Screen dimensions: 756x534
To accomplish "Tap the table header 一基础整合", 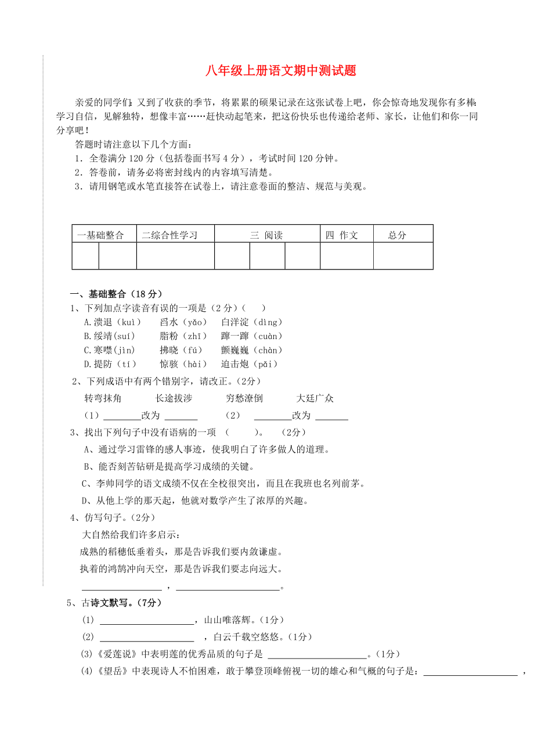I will pyautogui.click(x=101, y=235).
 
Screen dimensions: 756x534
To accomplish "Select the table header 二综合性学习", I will pyautogui.click(x=169, y=235).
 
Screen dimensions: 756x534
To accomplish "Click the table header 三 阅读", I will pyautogui.click(x=266, y=235).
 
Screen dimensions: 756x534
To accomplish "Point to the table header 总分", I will pyautogui.click(x=398, y=235).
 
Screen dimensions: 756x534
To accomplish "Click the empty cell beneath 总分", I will pyautogui.click(x=403, y=256).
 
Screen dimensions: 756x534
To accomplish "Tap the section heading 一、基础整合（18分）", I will pyautogui.click(x=117, y=294).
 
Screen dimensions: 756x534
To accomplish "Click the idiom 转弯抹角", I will pyautogui.click(x=103, y=398).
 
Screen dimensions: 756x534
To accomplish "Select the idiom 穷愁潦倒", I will pyautogui.click(x=244, y=398).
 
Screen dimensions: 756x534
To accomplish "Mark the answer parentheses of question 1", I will pyautogui.click(x=254, y=308).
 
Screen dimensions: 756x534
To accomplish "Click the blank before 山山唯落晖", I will pyautogui.click(x=147, y=620).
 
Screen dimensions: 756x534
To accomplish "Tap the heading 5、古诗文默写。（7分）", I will pyautogui.click(x=114, y=603).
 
